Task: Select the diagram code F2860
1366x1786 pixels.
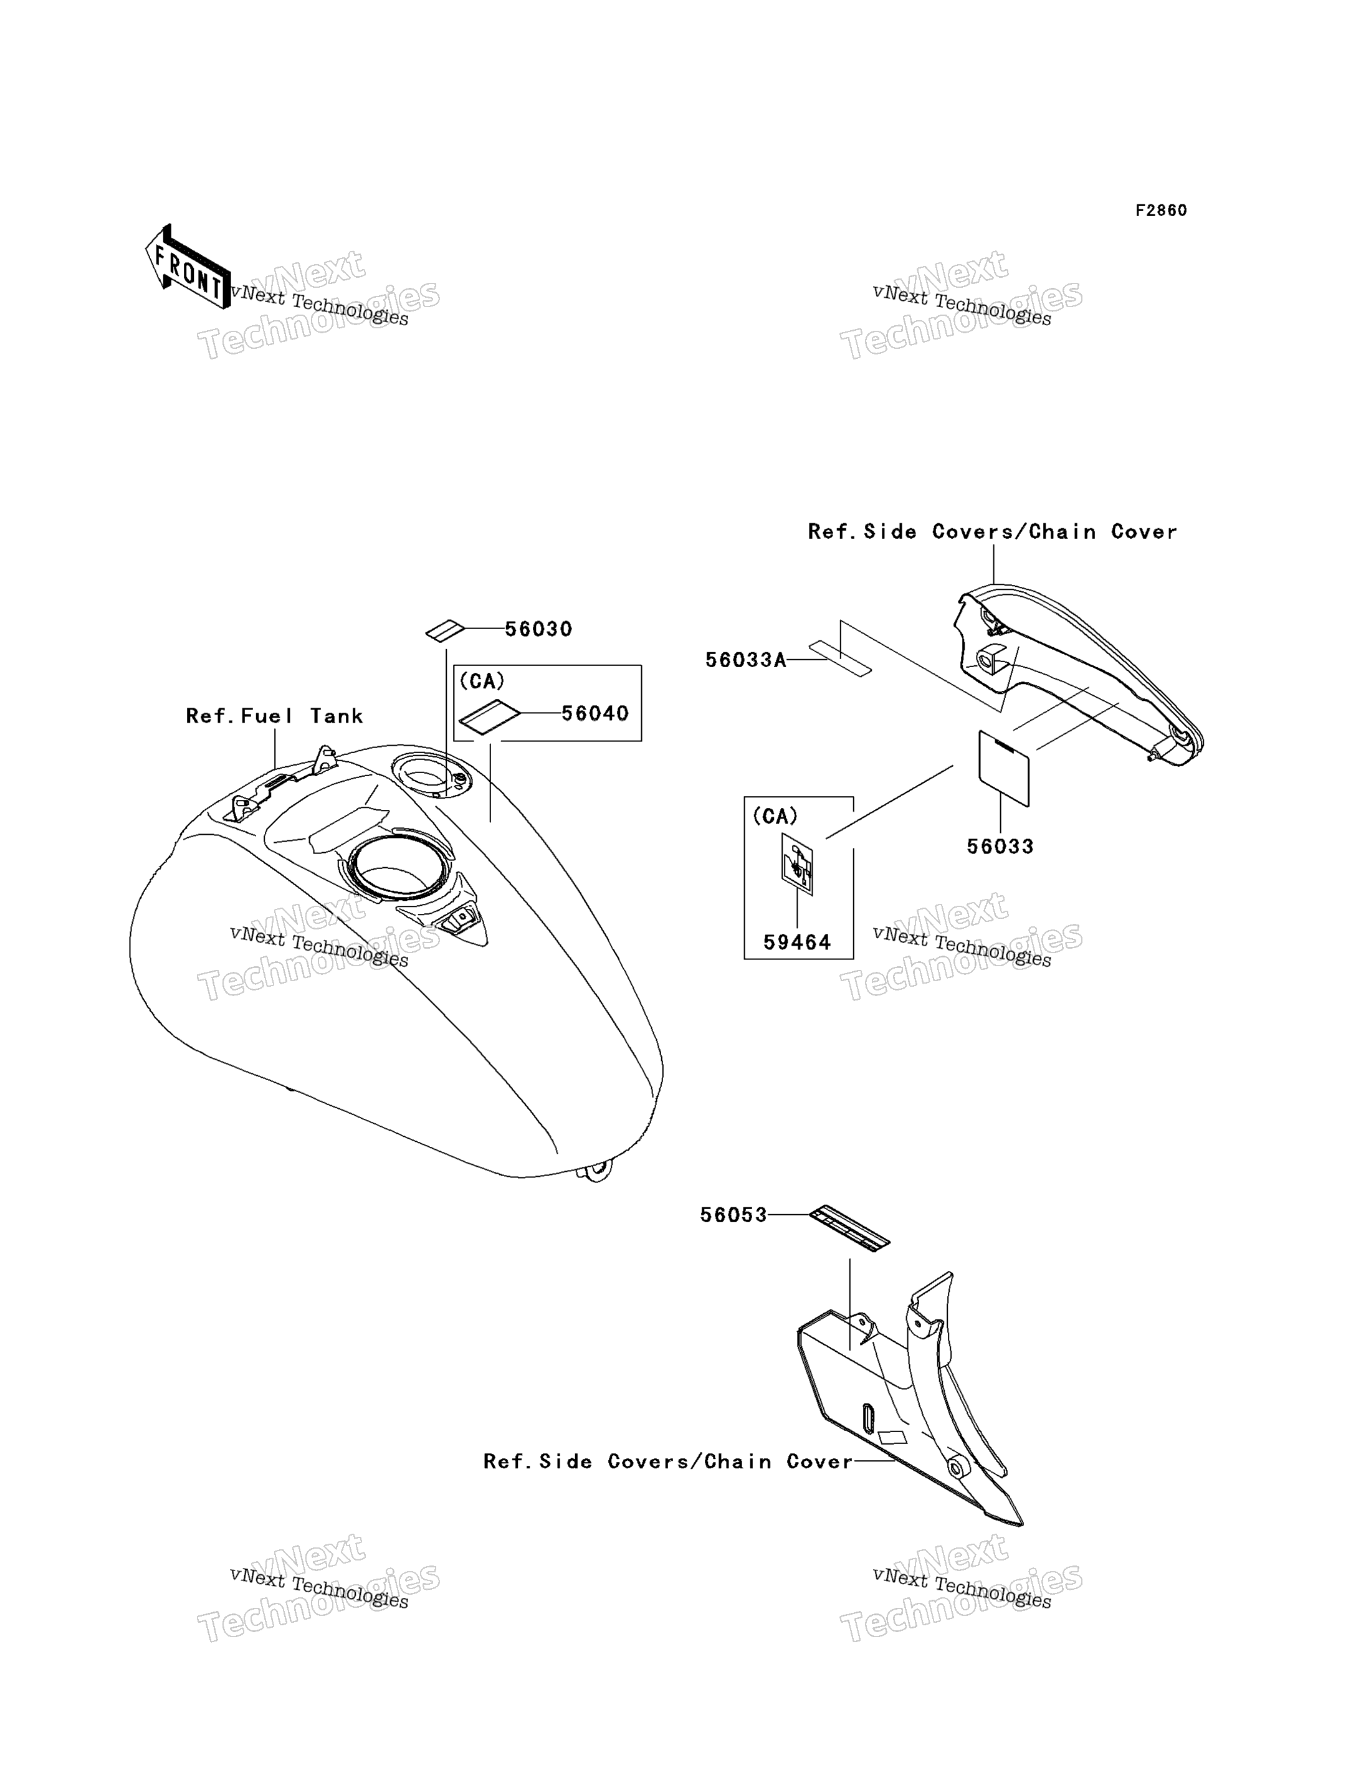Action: [1161, 211]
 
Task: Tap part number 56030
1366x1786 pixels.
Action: [538, 629]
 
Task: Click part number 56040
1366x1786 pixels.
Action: [595, 714]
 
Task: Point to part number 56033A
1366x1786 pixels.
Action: [745, 660]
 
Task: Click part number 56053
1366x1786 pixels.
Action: [733, 1215]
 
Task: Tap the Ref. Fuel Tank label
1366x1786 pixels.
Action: [274, 716]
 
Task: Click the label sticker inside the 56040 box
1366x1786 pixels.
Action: [489, 717]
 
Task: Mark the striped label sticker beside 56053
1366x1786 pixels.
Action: [849, 1228]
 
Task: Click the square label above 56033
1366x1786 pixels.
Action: [1003, 768]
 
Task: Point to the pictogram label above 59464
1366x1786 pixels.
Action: [797, 864]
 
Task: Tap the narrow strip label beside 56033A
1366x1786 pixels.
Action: [840, 658]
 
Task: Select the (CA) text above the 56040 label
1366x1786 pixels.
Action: [482, 682]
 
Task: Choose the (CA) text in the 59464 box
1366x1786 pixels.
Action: [775, 816]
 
